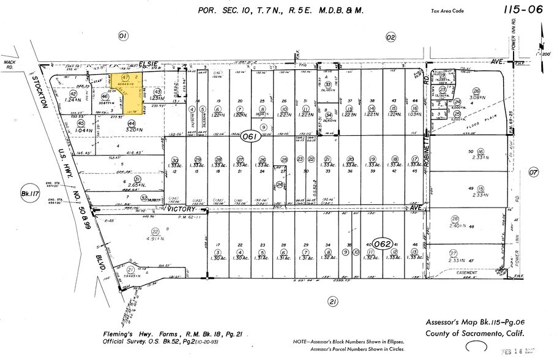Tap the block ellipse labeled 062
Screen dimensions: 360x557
[x=383, y=244]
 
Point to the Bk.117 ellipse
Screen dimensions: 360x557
[x=28, y=191]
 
